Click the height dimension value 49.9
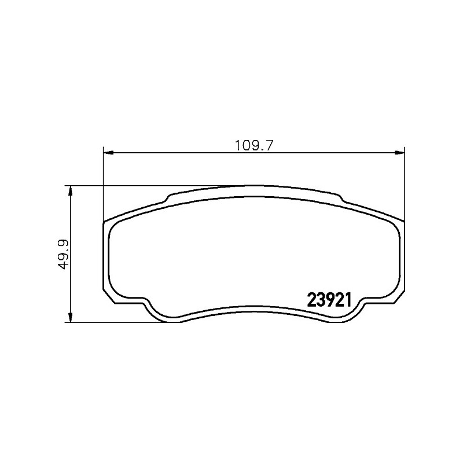[63, 255]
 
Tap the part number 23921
[329, 300]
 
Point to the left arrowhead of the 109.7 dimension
[108, 152]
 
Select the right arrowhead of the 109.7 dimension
[399, 152]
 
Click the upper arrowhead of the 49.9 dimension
[70, 191]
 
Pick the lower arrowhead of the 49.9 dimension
[70, 317]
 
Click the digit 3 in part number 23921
[322, 300]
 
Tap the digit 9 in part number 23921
[330, 300]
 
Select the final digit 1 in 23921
[348, 300]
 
